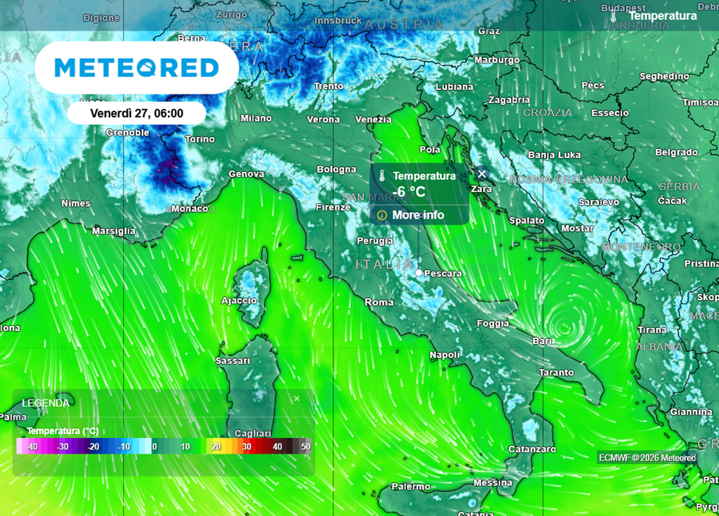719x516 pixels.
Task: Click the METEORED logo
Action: point(137,67)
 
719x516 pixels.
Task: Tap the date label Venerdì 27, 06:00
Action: point(137,113)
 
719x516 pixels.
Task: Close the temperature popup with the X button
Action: point(482,173)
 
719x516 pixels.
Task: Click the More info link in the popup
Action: point(418,215)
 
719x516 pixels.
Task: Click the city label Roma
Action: point(379,302)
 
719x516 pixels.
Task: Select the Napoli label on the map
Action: point(444,355)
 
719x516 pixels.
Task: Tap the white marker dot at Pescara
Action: point(419,272)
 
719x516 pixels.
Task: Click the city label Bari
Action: point(543,340)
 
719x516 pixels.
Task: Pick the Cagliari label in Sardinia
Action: point(254,433)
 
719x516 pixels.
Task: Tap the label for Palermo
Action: point(411,487)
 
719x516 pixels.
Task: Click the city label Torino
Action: point(199,139)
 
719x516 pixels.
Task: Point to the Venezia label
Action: point(373,119)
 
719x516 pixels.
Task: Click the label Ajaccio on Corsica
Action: point(239,300)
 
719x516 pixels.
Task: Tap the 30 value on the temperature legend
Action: point(246,446)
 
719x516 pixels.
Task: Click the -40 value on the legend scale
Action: point(32,446)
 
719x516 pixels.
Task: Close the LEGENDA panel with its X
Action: point(296,399)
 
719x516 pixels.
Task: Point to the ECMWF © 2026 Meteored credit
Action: point(647,458)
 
